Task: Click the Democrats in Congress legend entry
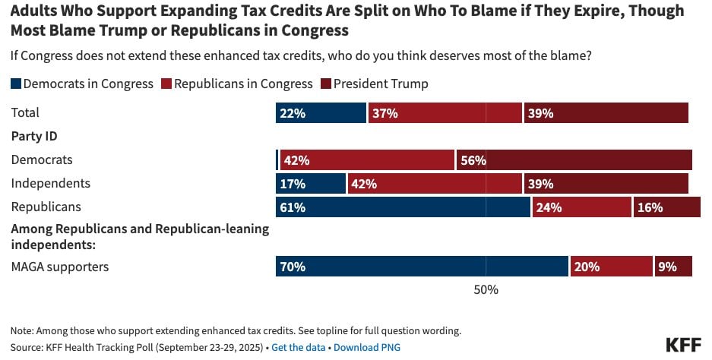click(82, 84)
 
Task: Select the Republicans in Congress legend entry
click(236, 84)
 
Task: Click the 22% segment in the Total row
click(321, 113)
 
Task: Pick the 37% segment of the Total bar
click(445, 113)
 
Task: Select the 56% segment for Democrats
click(574, 160)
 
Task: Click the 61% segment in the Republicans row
click(403, 207)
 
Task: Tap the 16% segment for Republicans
click(666, 207)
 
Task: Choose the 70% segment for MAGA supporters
click(422, 267)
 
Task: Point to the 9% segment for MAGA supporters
click(673, 267)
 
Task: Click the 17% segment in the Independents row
click(310, 183)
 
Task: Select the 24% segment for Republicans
click(581, 207)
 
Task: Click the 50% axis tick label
click(486, 289)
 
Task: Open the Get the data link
click(299, 347)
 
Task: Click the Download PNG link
click(366, 347)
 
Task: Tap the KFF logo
click(683, 344)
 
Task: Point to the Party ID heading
click(34, 137)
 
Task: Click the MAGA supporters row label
click(60, 267)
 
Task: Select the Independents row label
click(50, 183)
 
